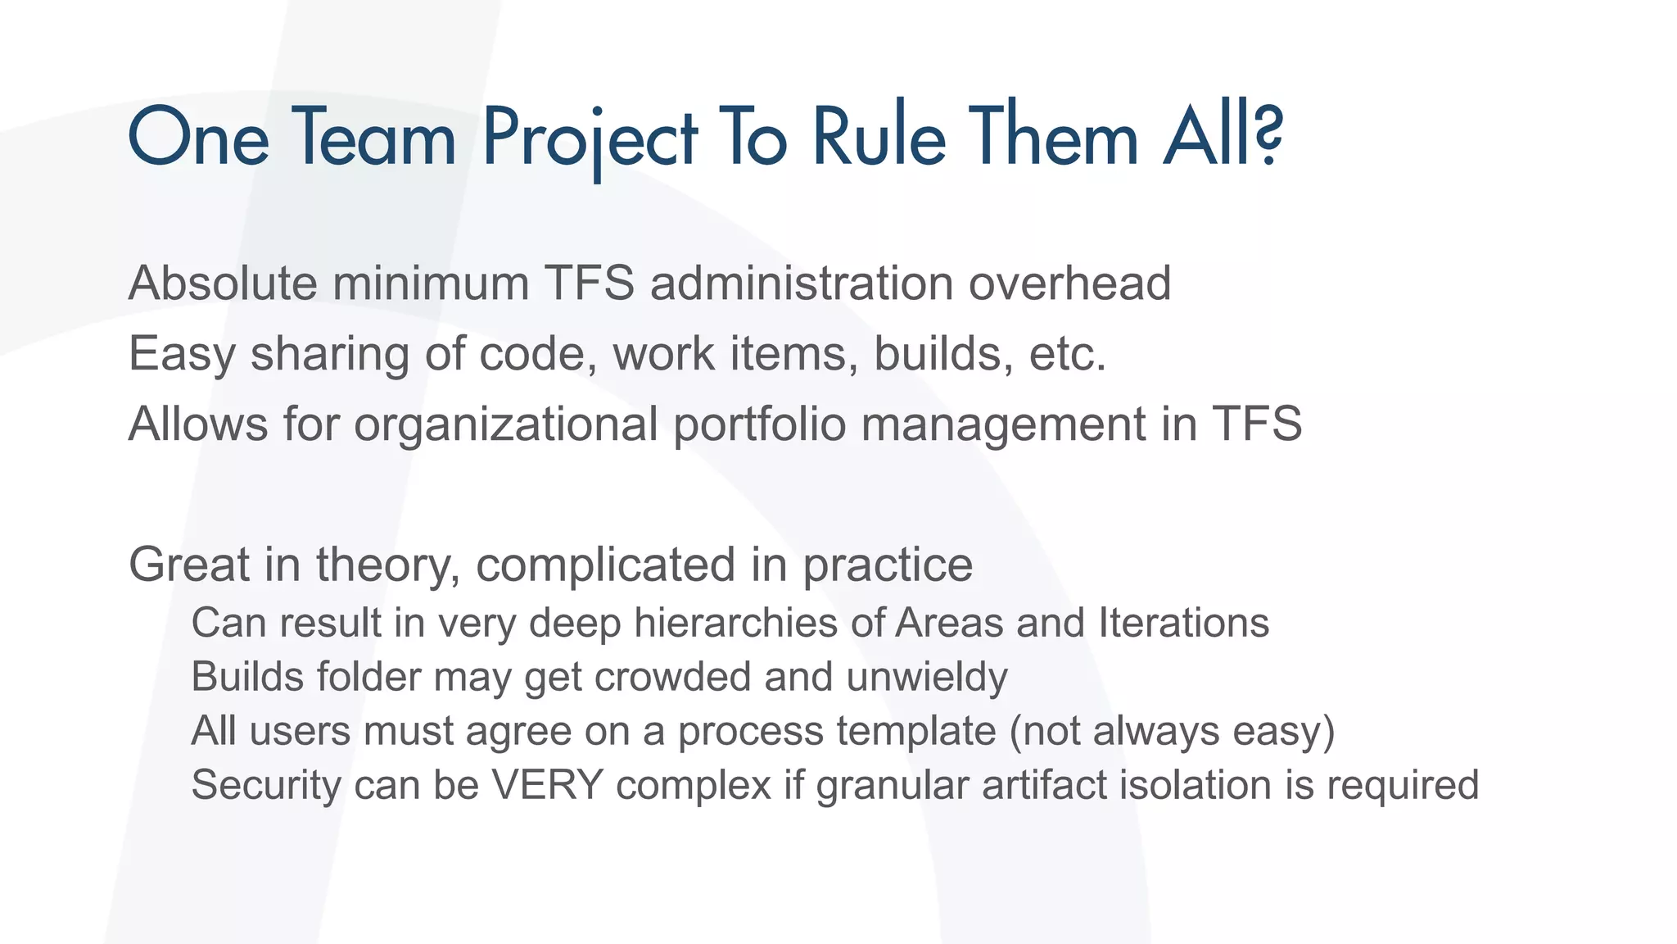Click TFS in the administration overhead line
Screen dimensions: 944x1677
pos(590,284)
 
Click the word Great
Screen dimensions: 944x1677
pos(188,565)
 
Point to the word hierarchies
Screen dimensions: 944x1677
pos(735,623)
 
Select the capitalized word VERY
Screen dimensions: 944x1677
pos(547,785)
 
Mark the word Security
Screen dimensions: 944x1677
pos(265,785)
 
